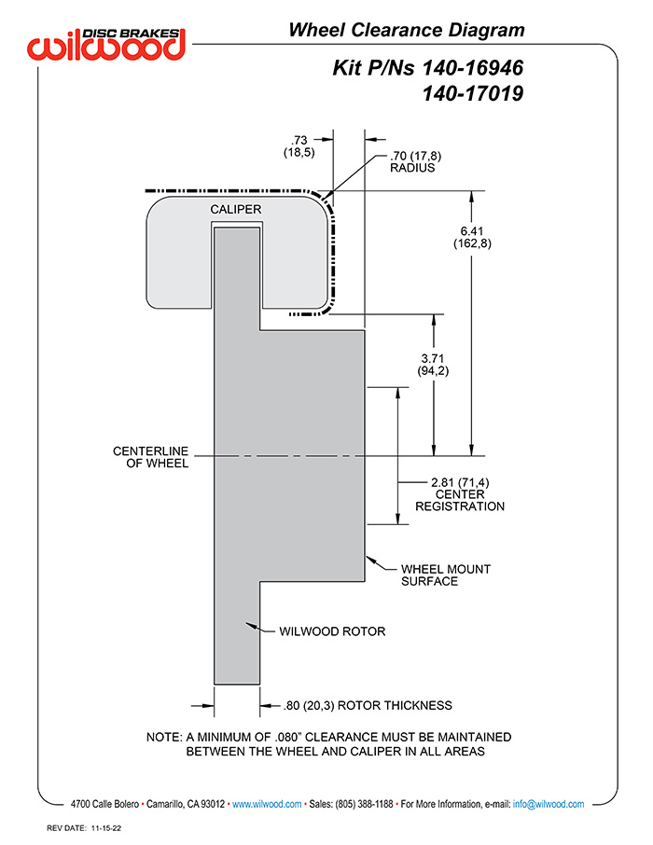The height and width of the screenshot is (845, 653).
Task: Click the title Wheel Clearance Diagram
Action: tap(406, 31)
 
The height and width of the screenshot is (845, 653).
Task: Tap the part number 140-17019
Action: tap(472, 93)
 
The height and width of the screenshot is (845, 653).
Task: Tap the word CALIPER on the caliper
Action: tap(235, 210)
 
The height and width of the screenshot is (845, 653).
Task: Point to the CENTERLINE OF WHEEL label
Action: tap(151, 457)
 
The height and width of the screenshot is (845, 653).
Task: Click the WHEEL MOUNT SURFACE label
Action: tap(445, 575)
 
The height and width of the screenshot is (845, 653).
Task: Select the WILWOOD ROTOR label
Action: tap(332, 631)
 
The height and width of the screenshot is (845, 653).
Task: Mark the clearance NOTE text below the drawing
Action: tap(329, 743)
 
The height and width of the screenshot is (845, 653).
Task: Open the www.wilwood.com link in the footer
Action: tap(266, 804)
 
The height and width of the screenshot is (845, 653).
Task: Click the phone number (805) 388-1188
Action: tap(363, 804)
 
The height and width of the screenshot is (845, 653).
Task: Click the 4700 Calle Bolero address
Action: tap(105, 804)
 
